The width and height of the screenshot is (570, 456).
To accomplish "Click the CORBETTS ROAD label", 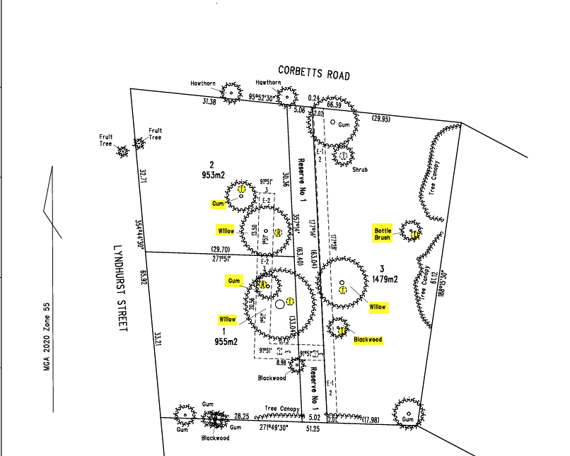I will [314, 72].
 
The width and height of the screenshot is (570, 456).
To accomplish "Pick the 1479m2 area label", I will [385, 279].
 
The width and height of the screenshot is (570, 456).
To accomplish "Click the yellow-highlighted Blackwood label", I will [368, 340].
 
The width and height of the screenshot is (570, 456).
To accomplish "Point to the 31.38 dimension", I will [209, 102].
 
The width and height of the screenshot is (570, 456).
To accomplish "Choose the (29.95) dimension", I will [380, 119].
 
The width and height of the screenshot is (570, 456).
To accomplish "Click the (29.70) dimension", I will [221, 249].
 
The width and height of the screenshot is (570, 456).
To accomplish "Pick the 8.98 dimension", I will [281, 363].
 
